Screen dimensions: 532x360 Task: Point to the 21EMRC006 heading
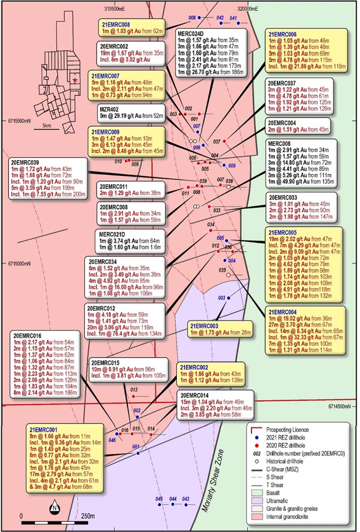click(x=283, y=35)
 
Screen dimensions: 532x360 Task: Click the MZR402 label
click(x=109, y=108)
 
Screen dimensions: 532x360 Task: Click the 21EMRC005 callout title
click(x=283, y=232)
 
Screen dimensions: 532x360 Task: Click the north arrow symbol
click(x=55, y=507)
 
